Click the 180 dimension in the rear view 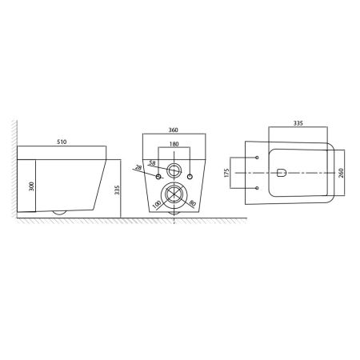[174, 146]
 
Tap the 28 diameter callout [139, 167]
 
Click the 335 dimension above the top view [297, 125]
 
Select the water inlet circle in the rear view [174, 170]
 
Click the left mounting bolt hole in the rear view [158, 174]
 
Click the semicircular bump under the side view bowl [57, 213]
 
